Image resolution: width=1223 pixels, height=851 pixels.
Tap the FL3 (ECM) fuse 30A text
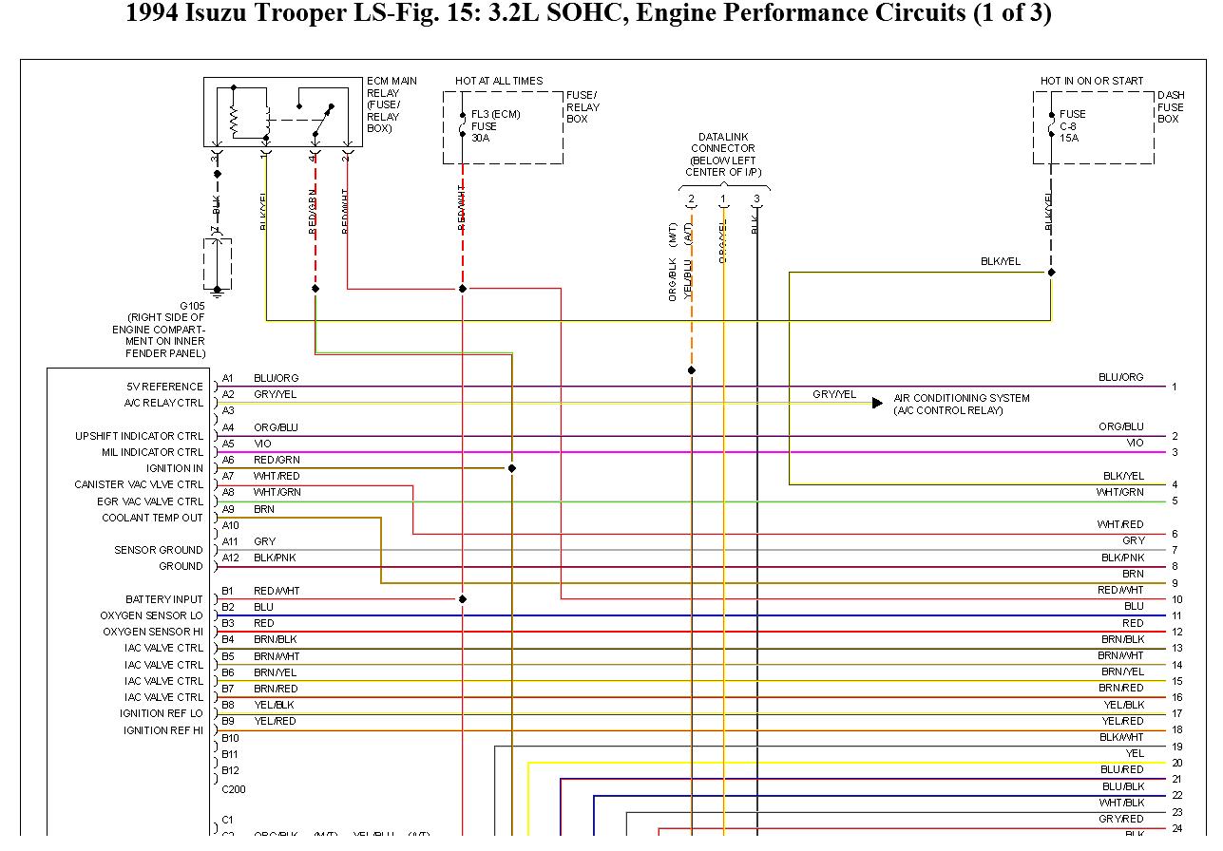[x=495, y=125]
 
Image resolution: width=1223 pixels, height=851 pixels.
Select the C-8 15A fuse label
[x=1072, y=125]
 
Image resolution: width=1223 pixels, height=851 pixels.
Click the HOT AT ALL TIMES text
[x=499, y=81]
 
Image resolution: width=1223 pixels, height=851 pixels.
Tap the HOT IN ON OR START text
[x=1092, y=81]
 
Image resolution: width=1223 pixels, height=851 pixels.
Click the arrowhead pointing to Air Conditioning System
[x=877, y=403]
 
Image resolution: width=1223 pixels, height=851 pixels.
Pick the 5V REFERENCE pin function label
[x=164, y=387]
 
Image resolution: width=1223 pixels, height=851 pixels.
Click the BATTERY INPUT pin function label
[x=163, y=599]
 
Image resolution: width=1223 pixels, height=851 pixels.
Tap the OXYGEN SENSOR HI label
[x=153, y=632]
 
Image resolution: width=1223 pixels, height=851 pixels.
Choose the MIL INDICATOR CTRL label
[x=152, y=452]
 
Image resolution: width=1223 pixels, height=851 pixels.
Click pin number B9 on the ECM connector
[x=228, y=721]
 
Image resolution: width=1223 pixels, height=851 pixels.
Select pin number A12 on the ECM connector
[x=230, y=558]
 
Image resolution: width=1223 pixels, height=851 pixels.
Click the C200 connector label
[x=233, y=789]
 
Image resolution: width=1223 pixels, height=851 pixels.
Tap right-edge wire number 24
[x=1176, y=828]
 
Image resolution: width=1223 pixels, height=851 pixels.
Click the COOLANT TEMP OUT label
[x=152, y=518]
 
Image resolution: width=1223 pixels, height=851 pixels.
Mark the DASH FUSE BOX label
[x=1171, y=107]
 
